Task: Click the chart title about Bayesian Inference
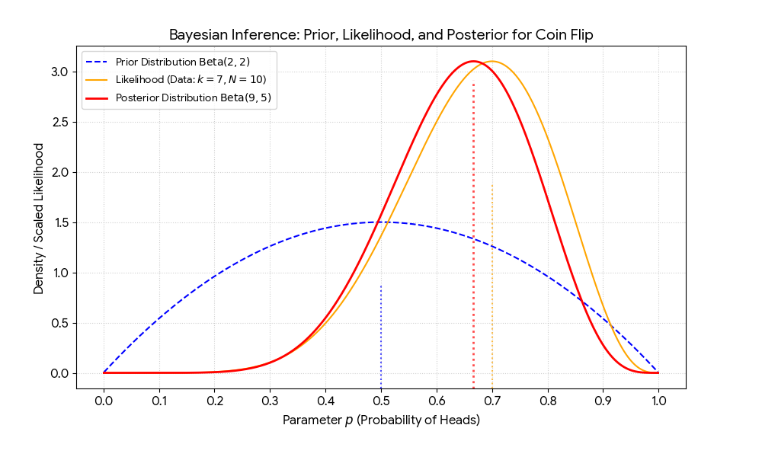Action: coord(380,36)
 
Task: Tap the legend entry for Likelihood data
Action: coord(190,79)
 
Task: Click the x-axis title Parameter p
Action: coord(381,420)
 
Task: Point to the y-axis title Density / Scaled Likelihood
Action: coord(39,218)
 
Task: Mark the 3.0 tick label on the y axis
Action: coord(60,72)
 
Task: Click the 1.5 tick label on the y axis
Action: coord(60,222)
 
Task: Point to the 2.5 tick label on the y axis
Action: coord(60,122)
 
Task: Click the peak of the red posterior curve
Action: coord(473,61)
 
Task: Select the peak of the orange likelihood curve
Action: coord(492,61)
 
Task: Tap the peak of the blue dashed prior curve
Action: coord(381,222)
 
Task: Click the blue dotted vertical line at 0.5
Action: coord(381,335)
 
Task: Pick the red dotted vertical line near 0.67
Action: coord(473,228)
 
